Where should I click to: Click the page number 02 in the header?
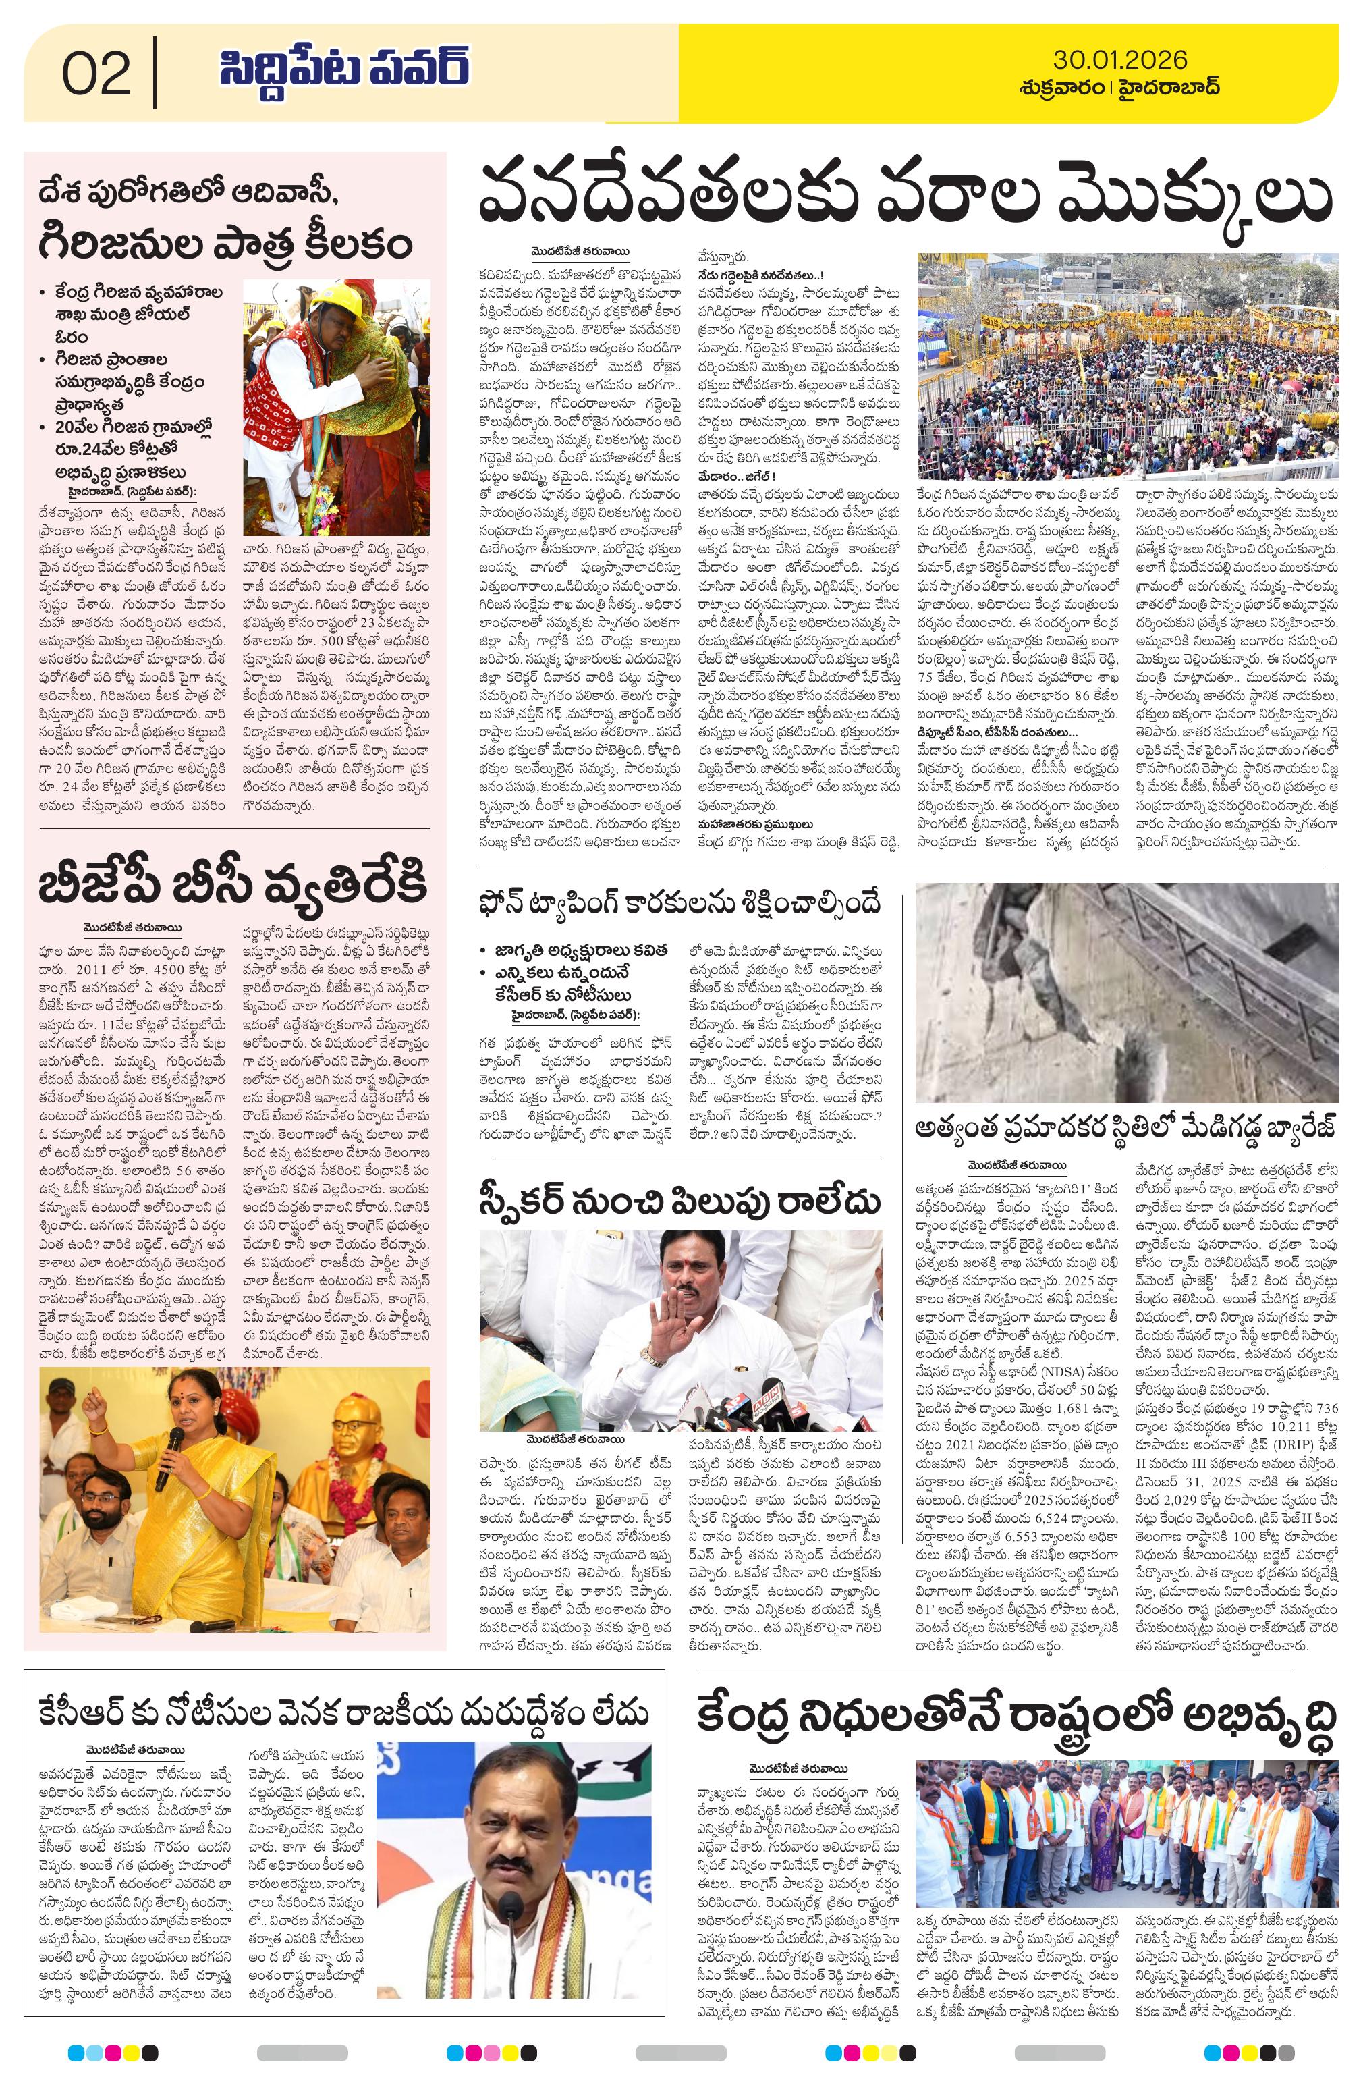(96, 74)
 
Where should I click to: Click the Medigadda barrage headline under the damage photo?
(1126, 1128)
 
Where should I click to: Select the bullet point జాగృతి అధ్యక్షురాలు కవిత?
(572, 950)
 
